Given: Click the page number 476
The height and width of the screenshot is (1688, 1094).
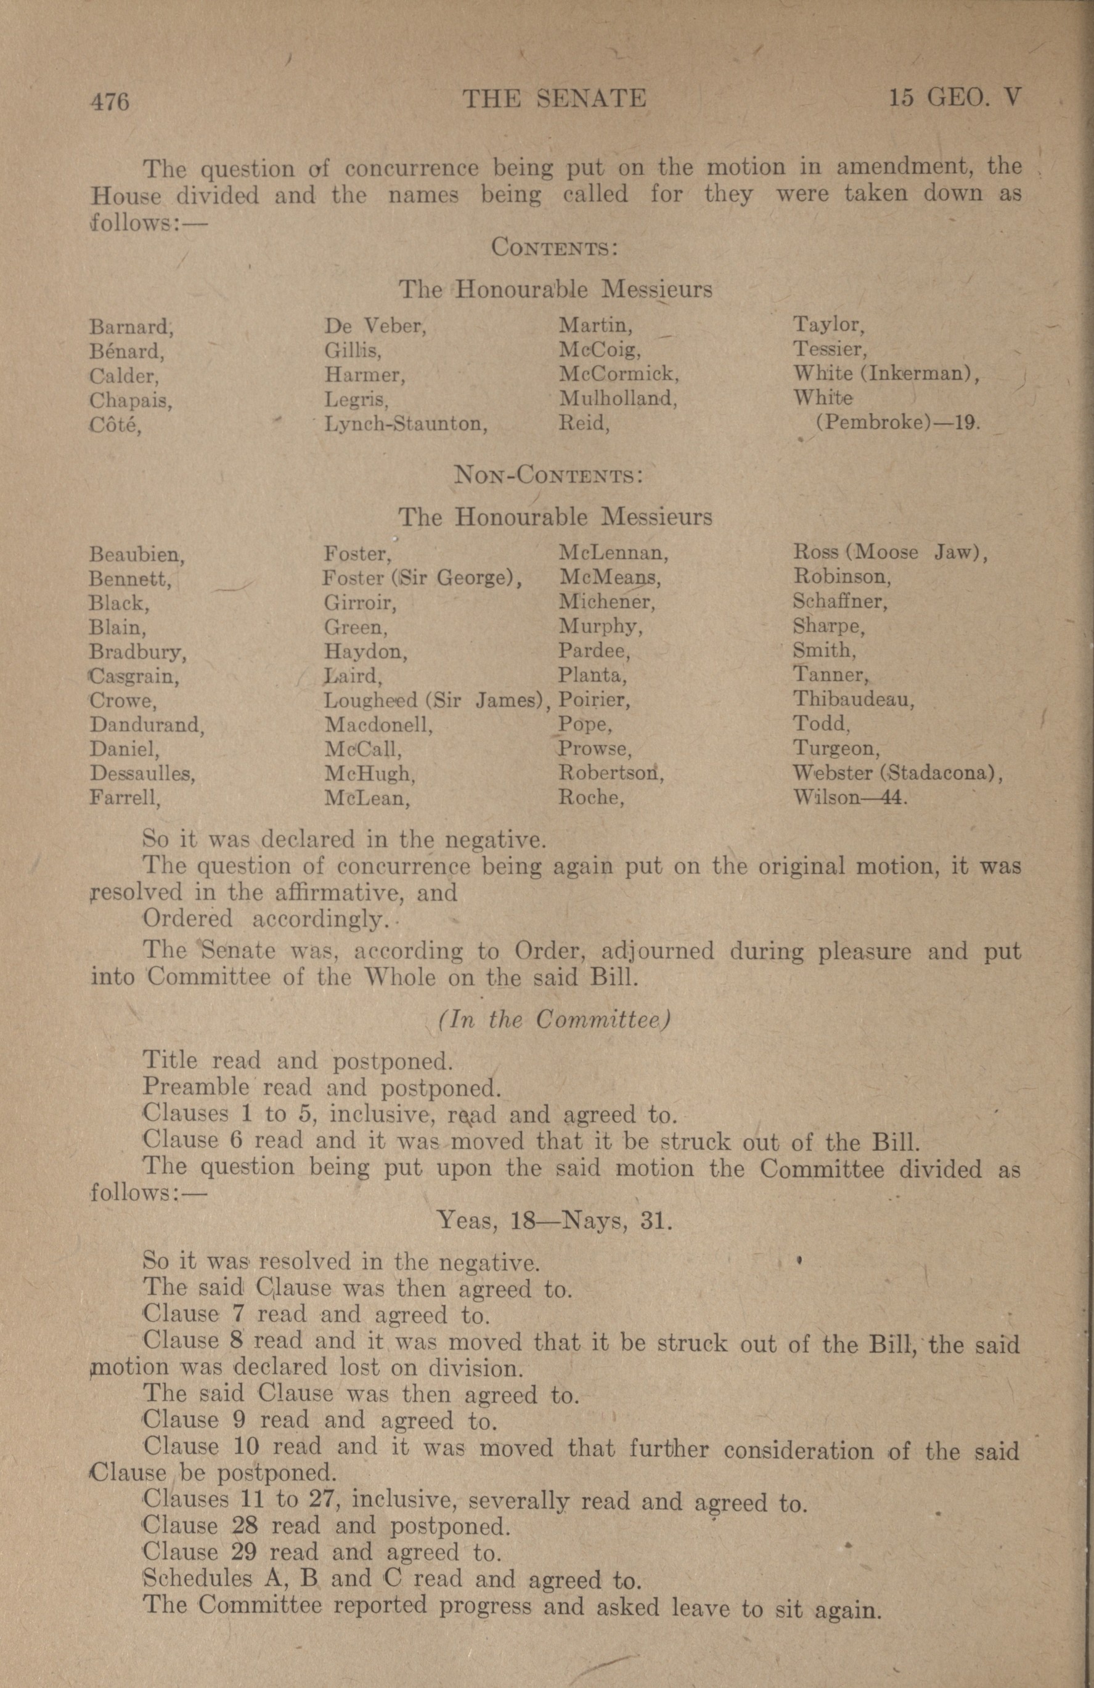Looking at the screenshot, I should [109, 100].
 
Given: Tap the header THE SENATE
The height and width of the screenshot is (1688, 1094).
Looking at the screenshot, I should [554, 98].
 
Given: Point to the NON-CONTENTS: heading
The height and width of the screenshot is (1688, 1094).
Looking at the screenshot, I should [549, 474].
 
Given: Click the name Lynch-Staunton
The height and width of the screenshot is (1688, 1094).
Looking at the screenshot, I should [405, 424].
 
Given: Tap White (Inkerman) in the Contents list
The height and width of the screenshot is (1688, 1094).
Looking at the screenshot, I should [886, 373].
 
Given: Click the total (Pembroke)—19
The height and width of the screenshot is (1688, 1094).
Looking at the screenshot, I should [898, 423].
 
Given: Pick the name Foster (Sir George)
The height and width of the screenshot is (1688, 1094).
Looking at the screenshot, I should [422, 578].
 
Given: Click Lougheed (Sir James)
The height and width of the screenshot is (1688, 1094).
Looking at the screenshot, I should [437, 700].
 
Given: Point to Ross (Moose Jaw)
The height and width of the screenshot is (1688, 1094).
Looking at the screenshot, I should [889, 552].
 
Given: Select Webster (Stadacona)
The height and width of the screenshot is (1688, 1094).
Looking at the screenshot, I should [897, 773].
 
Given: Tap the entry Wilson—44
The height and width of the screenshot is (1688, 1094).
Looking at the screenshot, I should [850, 797].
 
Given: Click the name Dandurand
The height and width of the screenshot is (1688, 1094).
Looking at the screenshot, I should [147, 725].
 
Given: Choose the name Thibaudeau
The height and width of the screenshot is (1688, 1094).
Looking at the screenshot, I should [854, 700].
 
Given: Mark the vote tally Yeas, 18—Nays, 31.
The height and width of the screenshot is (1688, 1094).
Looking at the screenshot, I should [554, 1220].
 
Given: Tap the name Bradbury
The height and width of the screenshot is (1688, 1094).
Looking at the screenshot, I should [137, 651].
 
